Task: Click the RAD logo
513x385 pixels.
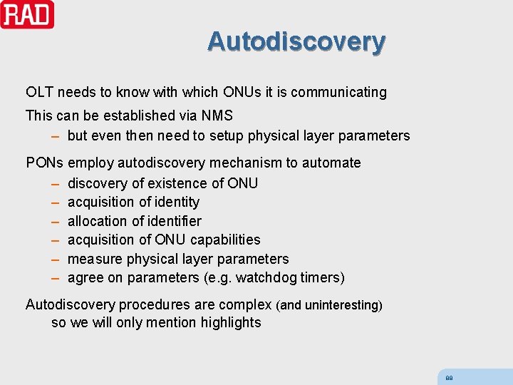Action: point(27,14)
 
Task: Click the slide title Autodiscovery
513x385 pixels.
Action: point(296,41)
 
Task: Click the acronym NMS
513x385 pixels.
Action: point(217,115)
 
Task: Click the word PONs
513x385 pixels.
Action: point(45,163)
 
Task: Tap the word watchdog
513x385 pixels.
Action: point(266,277)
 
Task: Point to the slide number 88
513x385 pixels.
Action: point(449,378)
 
